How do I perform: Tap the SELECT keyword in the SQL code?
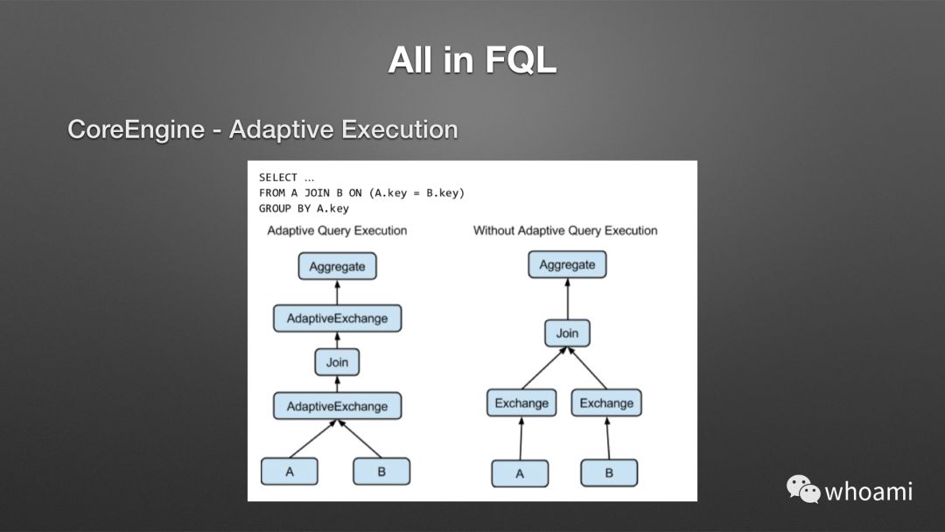tap(278, 178)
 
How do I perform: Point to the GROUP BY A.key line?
tap(304, 208)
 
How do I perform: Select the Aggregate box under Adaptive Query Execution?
tap(337, 266)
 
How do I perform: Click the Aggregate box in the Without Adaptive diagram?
tap(567, 264)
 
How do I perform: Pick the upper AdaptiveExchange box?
tap(337, 318)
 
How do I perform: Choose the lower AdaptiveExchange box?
tap(337, 406)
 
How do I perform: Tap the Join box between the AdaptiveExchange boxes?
tap(337, 362)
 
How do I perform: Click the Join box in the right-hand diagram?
tap(567, 333)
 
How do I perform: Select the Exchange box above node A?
tap(521, 403)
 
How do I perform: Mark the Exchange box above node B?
tap(606, 403)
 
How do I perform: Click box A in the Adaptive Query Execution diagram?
tap(290, 472)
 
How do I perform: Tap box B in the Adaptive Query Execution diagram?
tap(381, 472)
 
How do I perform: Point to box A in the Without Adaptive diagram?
tap(520, 473)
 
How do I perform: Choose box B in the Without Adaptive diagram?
tap(609, 473)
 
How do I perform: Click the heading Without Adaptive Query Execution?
tap(565, 231)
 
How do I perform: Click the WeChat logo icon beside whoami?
tap(802, 489)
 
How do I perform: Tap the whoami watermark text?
tap(868, 491)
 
